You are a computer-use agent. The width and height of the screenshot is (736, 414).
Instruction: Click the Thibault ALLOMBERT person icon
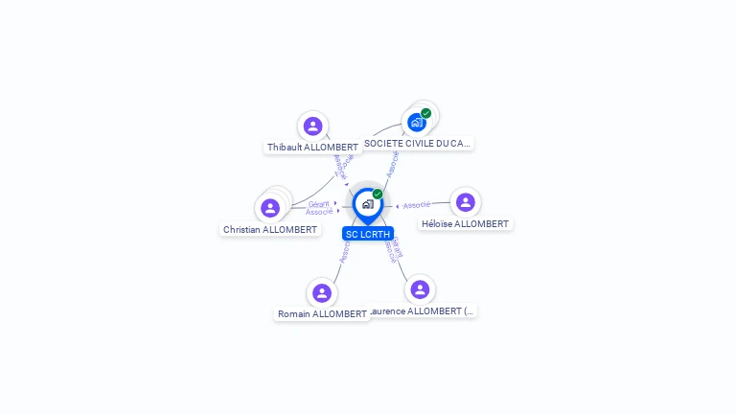point(312,126)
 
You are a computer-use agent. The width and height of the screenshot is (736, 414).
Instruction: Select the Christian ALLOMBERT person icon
point(270,208)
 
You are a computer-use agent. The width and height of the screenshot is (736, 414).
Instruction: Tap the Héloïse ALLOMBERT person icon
point(466,202)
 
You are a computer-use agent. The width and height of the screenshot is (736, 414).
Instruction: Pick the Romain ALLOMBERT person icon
point(322,292)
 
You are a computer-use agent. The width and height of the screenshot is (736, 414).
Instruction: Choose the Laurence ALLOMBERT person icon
point(420,289)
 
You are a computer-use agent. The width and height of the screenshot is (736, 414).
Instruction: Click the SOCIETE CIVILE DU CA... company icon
point(417,122)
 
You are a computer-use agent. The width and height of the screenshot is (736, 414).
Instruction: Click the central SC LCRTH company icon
point(367,203)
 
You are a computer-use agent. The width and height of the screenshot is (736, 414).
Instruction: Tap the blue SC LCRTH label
point(368,234)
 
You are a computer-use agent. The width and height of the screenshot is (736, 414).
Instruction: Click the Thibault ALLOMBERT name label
point(312,148)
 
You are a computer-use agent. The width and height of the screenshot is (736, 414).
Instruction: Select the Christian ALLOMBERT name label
point(270,230)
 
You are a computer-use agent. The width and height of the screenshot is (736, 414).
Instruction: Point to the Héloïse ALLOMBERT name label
point(466,224)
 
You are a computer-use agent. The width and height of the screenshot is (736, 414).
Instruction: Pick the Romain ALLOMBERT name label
point(322,314)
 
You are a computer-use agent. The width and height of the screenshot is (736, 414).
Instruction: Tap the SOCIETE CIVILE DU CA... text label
point(418,144)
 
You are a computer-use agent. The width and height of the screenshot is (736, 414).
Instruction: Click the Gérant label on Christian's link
point(319,203)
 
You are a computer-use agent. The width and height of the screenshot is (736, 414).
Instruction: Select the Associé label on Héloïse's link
point(417,205)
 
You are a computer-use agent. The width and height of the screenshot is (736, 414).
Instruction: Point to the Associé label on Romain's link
point(344,251)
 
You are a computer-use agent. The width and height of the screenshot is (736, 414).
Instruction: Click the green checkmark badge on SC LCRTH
point(378,194)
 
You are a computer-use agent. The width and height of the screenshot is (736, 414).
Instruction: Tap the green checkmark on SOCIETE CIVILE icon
point(426,113)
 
